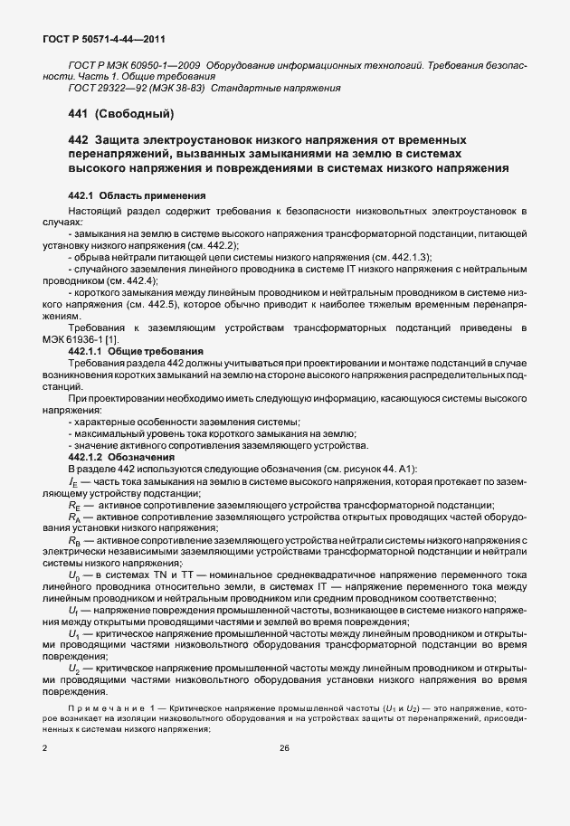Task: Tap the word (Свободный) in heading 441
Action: [x=135, y=114]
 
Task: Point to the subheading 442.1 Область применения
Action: [x=138, y=195]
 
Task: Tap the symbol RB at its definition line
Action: [x=74, y=539]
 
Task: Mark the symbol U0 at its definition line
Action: [x=74, y=574]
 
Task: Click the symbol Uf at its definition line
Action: [x=73, y=610]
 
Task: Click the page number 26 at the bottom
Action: [x=284, y=749]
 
